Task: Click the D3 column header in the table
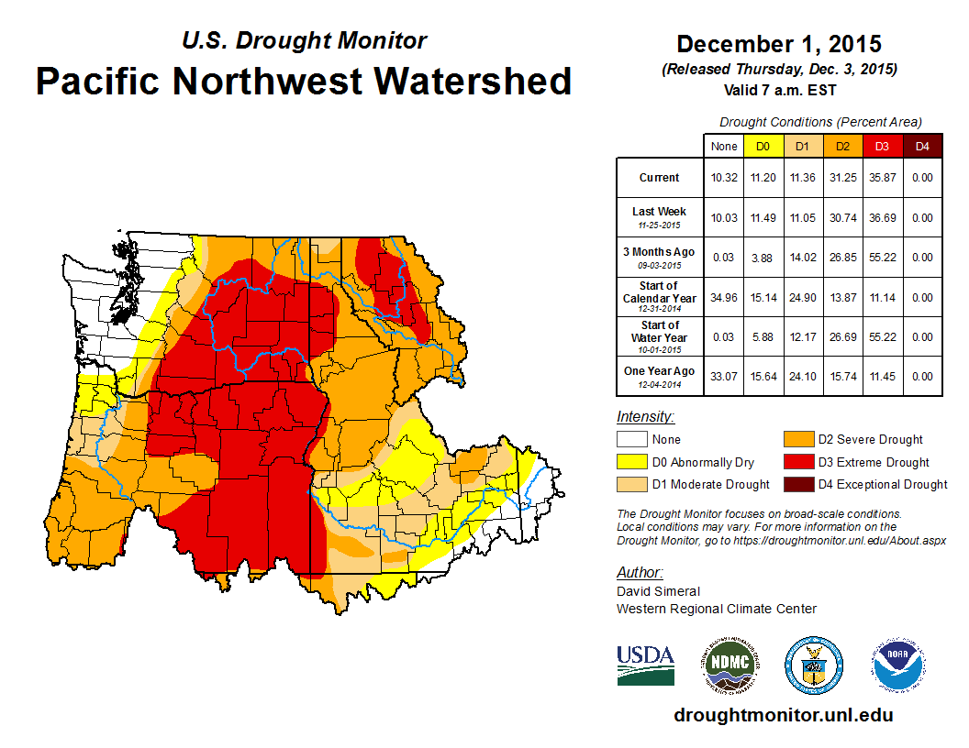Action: tap(881, 146)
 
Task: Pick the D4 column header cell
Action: tap(921, 146)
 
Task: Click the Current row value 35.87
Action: tap(881, 178)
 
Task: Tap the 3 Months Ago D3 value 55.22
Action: tap(881, 258)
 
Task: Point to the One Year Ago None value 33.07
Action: tap(723, 377)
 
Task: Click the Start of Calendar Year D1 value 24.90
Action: tap(802, 298)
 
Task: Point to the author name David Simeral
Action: tap(658, 591)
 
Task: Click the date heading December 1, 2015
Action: tap(779, 44)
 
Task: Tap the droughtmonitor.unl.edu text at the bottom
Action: tap(783, 715)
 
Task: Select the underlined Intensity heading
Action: tap(645, 417)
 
